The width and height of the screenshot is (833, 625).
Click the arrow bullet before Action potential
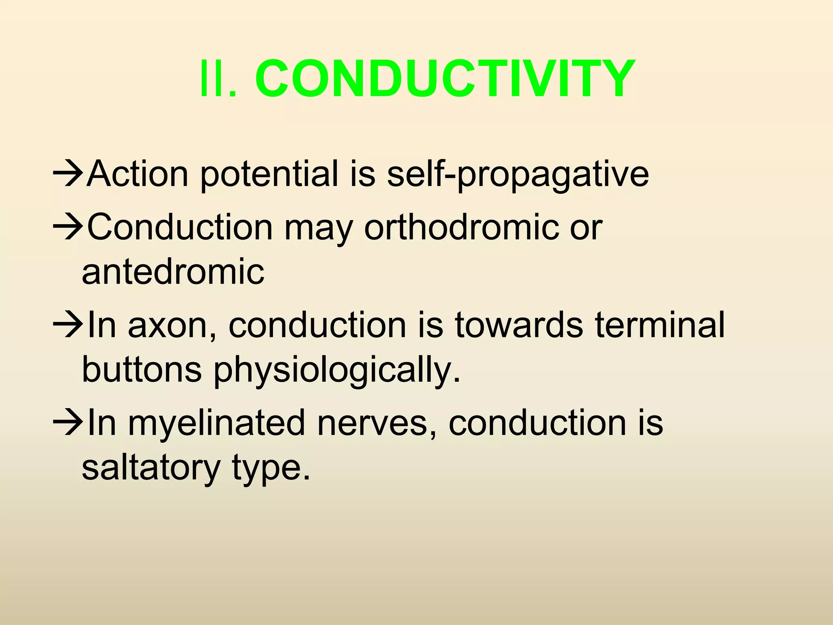(x=68, y=175)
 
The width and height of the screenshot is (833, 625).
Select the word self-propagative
(x=517, y=175)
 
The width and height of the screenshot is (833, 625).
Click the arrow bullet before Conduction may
(x=68, y=228)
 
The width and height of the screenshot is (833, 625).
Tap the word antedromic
(x=173, y=272)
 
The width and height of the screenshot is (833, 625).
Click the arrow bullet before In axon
(x=68, y=326)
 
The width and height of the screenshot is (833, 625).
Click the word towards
(x=519, y=326)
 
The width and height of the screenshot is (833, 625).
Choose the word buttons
(x=142, y=369)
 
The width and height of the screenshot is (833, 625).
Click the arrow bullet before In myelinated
(x=68, y=423)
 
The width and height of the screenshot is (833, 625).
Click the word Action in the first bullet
(x=137, y=175)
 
